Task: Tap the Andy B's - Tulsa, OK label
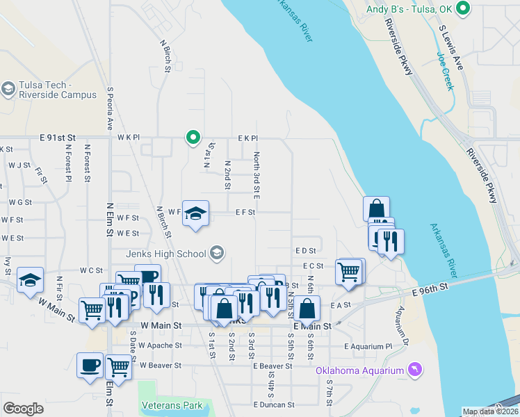[414, 10]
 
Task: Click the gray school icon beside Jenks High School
[217, 252]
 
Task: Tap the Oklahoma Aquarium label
[359, 370]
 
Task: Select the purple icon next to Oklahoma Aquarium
[415, 369]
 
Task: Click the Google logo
[23, 409]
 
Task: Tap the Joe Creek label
[444, 72]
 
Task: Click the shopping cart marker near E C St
[349, 270]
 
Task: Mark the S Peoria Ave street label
[110, 108]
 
